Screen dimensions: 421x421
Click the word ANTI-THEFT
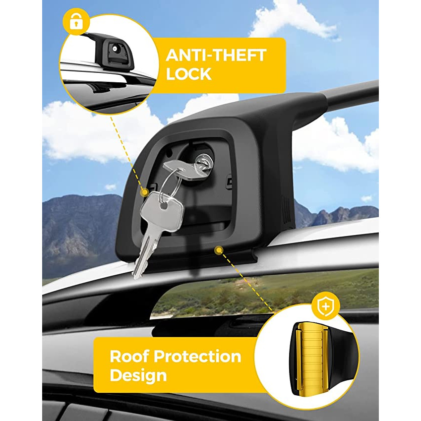pyautogui.click(x=216, y=55)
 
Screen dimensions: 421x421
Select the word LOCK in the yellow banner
pyautogui.click(x=188, y=74)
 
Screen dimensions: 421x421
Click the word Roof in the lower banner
pyautogui.click(x=129, y=357)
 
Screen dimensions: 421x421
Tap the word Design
pyautogui.click(x=138, y=376)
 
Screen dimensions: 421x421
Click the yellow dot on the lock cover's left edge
pyautogui.click(x=145, y=192)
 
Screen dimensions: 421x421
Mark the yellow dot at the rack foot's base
pyautogui.click(x=219, y=250)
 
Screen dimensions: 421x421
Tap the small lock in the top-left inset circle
pyautogui.click(x=115, y=49)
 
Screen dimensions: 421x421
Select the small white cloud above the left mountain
pyautogui.click(x=111, y=187)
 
